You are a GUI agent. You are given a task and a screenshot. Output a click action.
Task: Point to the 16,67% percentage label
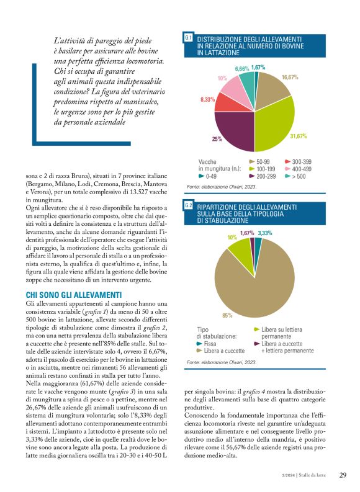pyautogui.click(x=290, y=78)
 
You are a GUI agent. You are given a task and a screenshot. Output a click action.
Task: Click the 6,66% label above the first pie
pyautogui.click(x=242, y=68)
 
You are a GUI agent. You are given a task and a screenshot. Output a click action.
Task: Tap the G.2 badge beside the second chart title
pyautogui.click(x=189, y=205)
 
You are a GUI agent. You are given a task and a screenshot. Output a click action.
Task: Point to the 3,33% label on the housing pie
pyautogui.click(x=265, y=233)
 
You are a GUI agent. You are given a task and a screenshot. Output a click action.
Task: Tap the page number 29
pyautogui.click(x=343, y=476)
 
